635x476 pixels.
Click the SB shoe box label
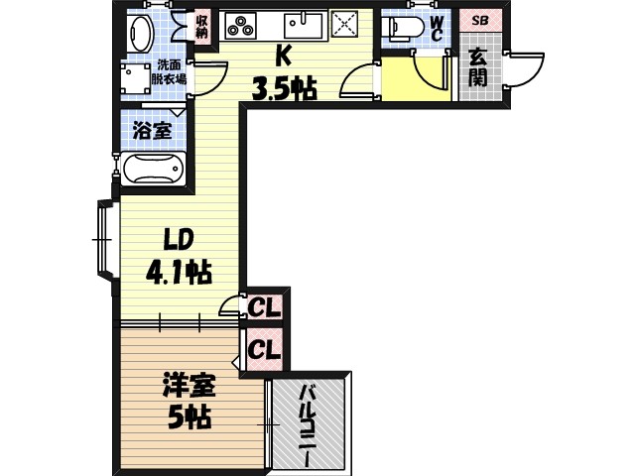480,20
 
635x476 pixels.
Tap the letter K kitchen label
283,56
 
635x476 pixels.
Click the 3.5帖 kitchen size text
284,89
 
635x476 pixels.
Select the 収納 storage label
201,26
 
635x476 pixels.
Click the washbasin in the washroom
140,34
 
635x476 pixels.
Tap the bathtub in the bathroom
154,170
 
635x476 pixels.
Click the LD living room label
179,239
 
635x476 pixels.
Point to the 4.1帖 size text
180,271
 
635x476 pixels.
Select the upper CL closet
264,306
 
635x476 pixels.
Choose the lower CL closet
264,348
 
